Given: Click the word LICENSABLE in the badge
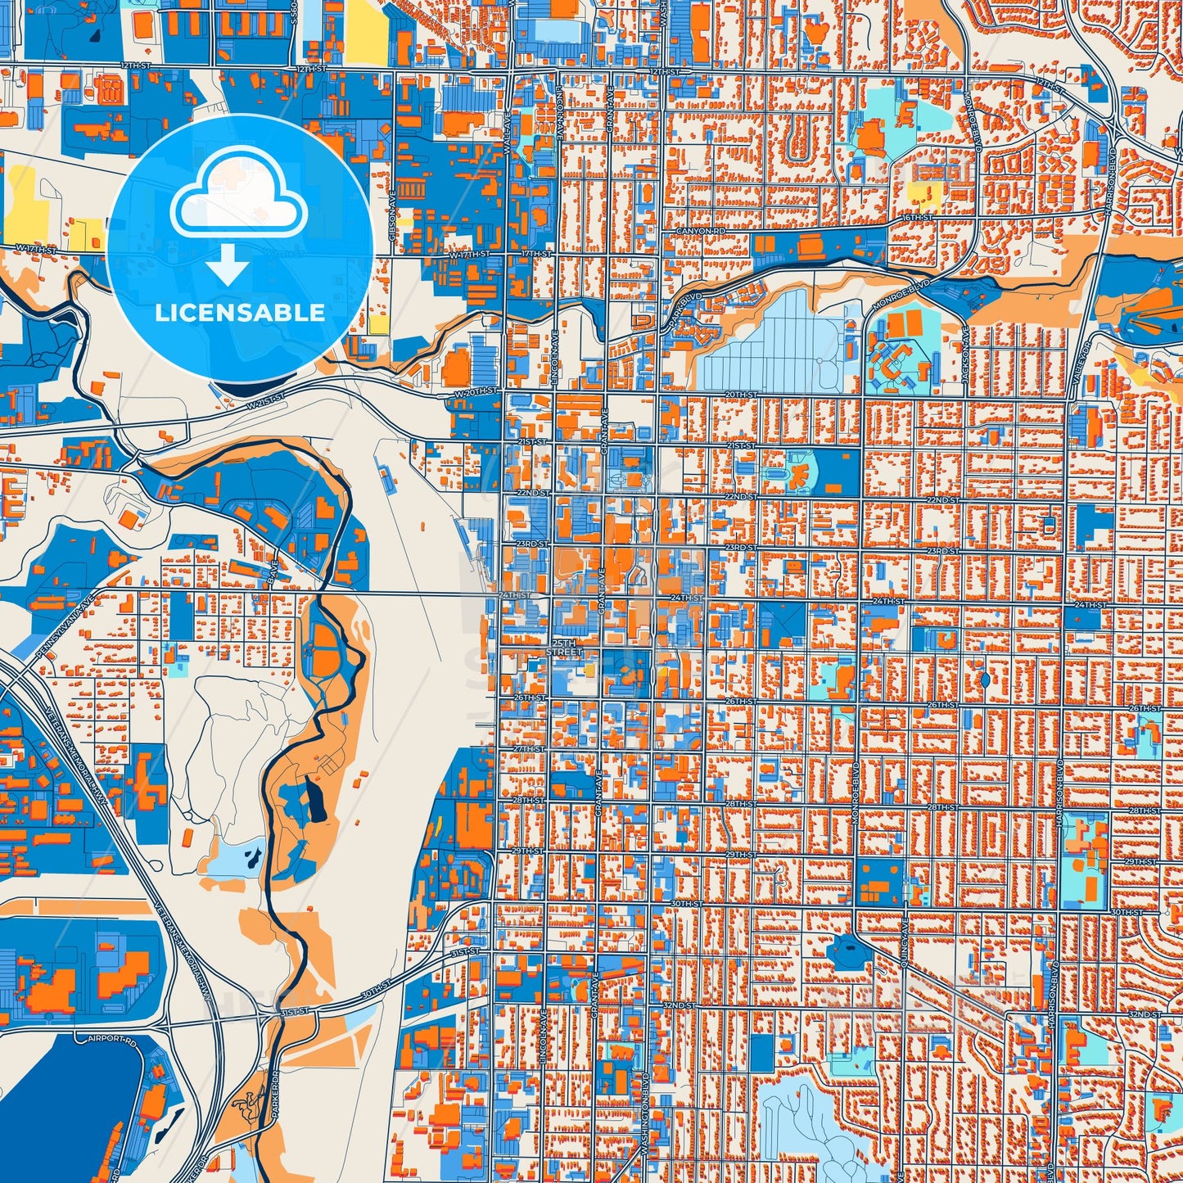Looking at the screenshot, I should (240, 313).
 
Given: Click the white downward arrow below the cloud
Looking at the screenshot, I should (228, 267).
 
